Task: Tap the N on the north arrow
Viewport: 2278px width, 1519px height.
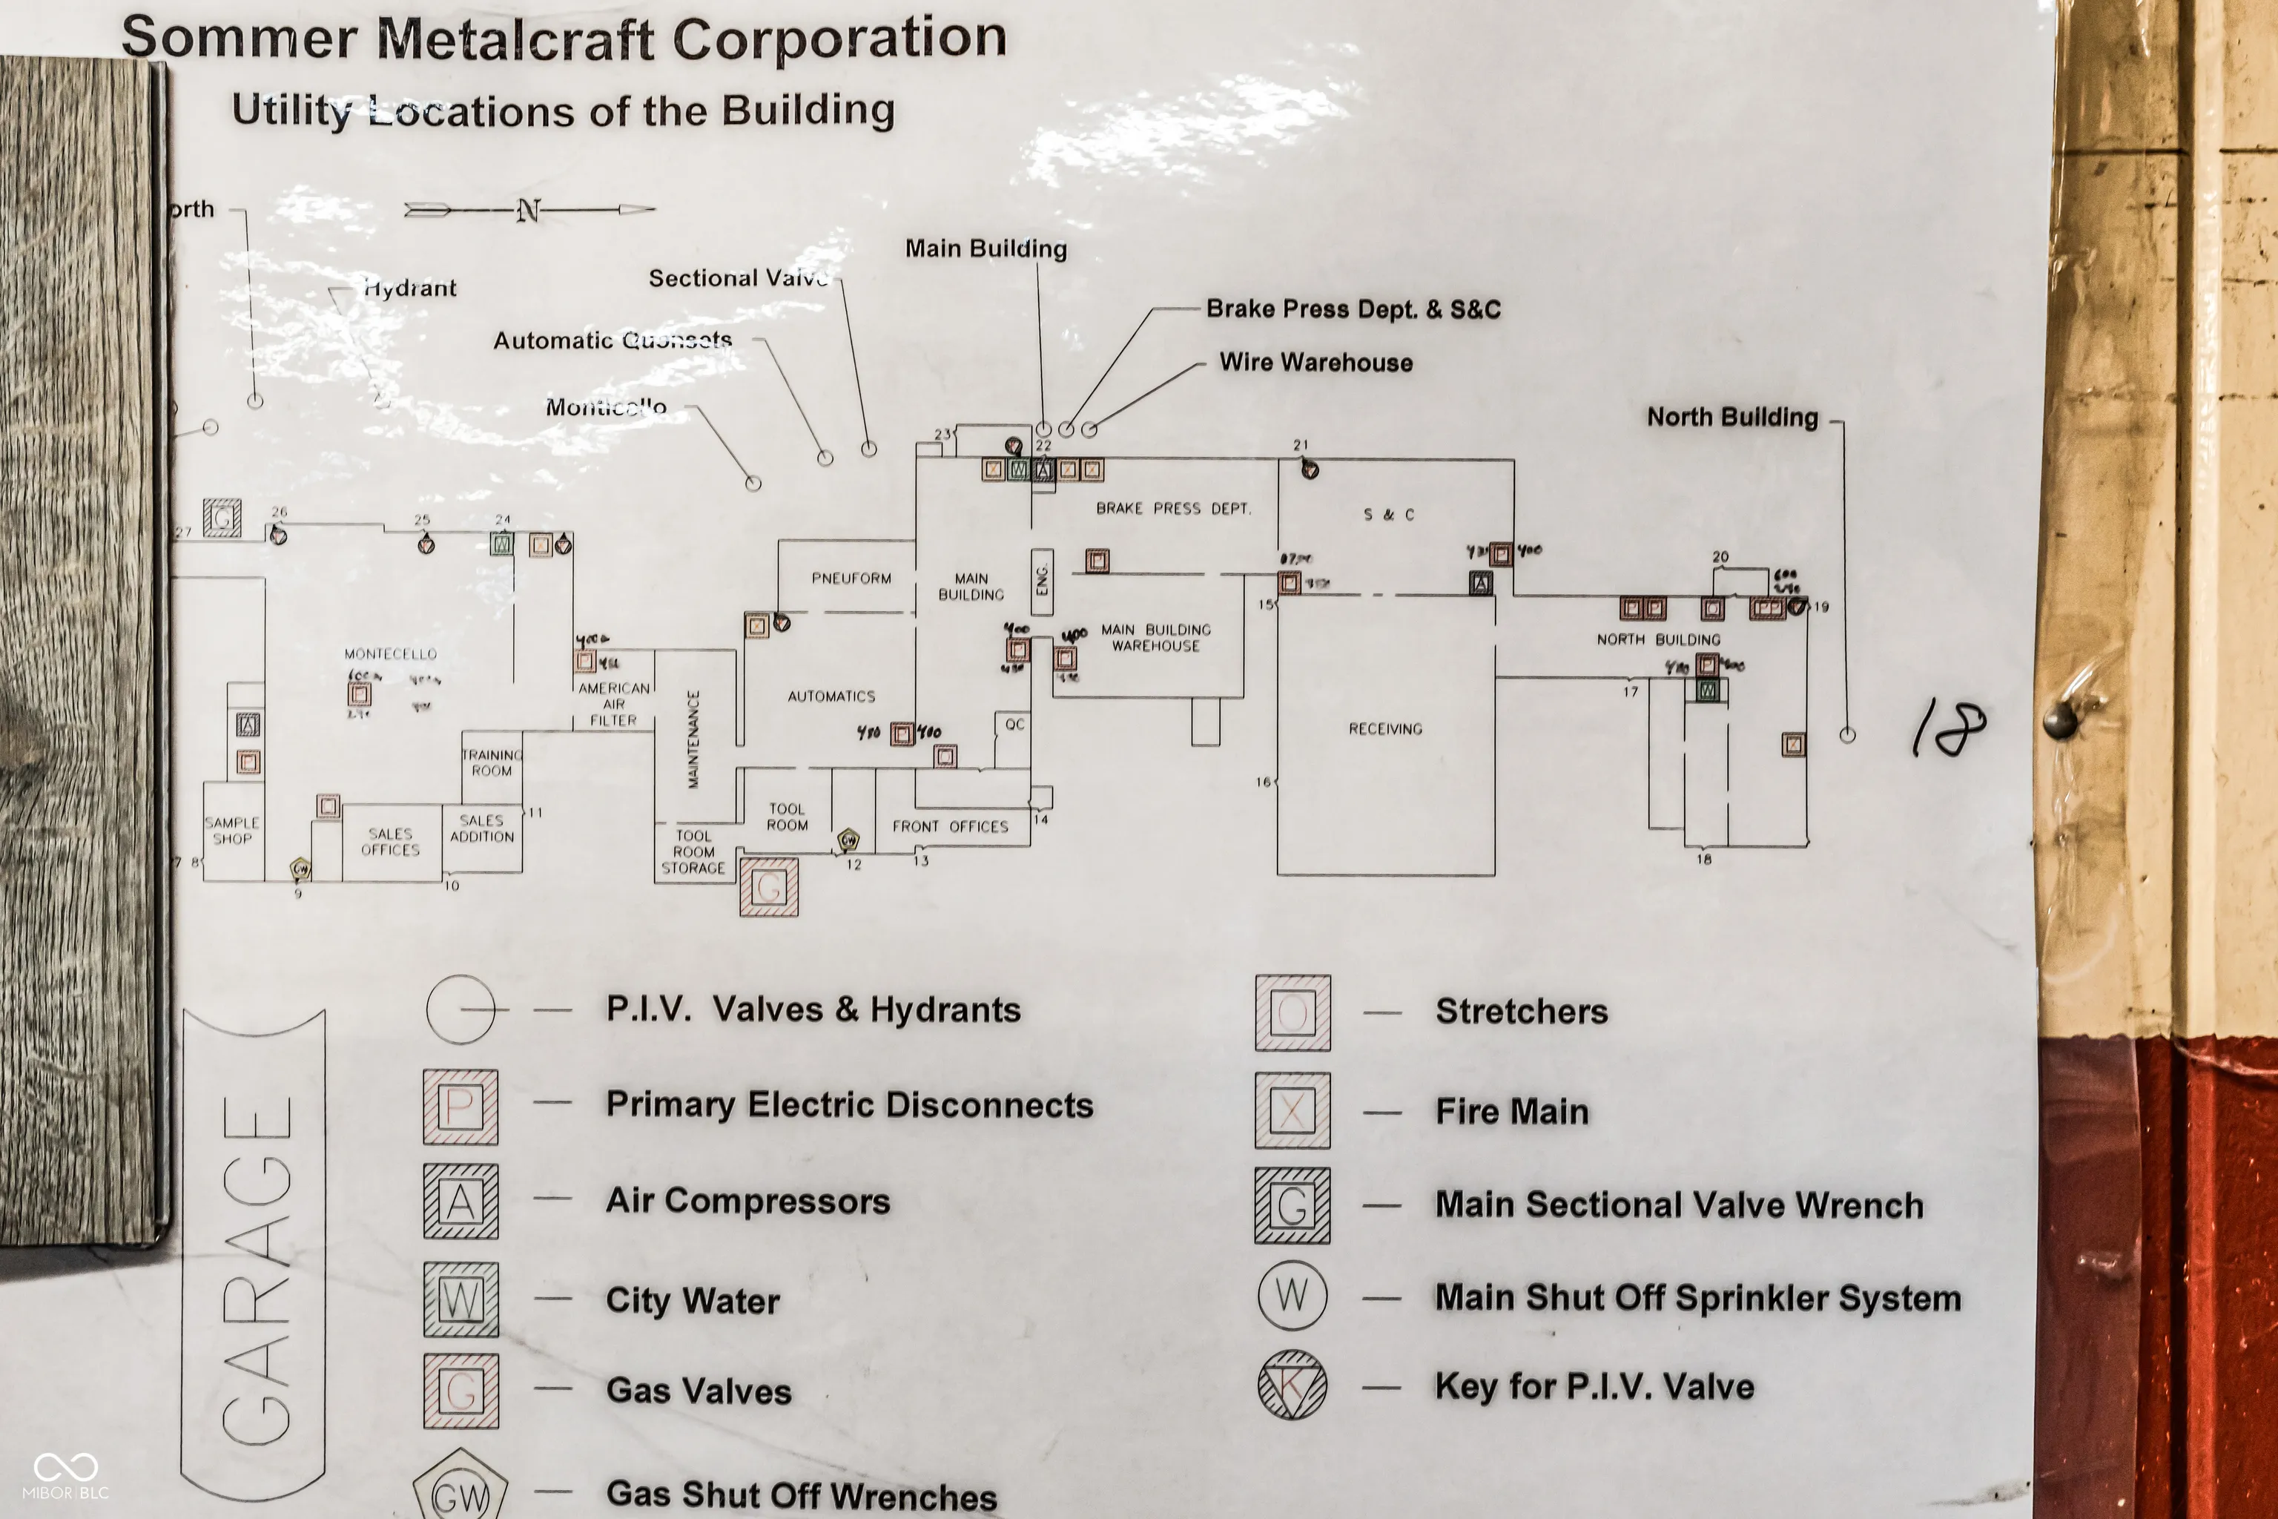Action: [528, 210]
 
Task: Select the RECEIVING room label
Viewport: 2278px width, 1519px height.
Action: [1385, 728]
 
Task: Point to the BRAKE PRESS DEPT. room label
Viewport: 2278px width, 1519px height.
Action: [1173, 509]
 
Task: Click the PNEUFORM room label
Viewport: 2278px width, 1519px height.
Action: [851, 579]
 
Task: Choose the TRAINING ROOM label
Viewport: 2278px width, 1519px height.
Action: [492, 762]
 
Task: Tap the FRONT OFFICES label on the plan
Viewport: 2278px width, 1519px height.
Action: [950, 826]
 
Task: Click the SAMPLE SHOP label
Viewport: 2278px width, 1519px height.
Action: [232, 830]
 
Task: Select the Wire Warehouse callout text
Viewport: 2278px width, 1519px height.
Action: [1315, 362]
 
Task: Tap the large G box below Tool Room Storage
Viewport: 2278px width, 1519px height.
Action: [769, 886]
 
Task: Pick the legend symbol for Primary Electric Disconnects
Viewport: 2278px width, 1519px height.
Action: [461, 1107]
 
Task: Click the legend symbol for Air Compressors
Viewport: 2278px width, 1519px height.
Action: [461, 1202]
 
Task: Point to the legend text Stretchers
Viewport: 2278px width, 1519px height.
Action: [1521, 1012]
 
